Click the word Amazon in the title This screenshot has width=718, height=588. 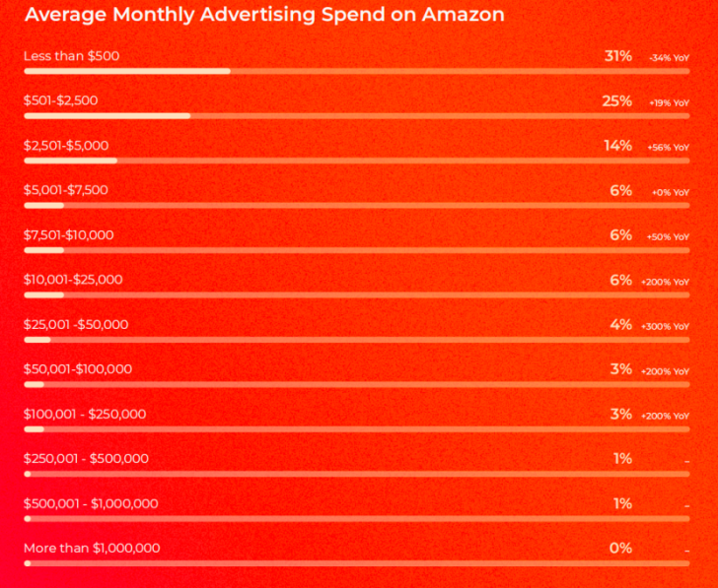(x=465, y=15)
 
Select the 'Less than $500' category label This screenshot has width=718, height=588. (x=71, y=56)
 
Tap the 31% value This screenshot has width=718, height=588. (x=618, y=56)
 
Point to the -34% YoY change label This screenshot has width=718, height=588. (x=669, y=58)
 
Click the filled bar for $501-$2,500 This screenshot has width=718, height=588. (x=108, y=116)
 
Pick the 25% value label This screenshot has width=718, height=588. (x=616, y=100)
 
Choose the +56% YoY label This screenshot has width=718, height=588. (x=668, y=148)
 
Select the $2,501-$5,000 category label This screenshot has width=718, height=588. (x=66, y=146)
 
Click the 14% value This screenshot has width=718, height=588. (x=618, y=146)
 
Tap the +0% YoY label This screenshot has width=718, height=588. (x=671, y=192)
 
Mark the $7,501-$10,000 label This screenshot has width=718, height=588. (x=69, y=234)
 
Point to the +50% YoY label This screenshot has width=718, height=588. (x=668, y=237)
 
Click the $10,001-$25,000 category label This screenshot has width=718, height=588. (x=73, y=280)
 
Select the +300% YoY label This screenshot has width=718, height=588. (x=665, y=327)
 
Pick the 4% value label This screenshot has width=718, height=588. (x=620, y=324)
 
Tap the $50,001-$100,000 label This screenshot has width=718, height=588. (x=77, y=369)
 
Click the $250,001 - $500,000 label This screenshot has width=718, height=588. (x=86, y=458)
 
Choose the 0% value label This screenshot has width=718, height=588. (x=620, y=548)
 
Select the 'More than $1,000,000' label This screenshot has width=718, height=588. (x=92, y=548)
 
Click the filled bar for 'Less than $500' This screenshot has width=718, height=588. (x=127, y=71)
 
